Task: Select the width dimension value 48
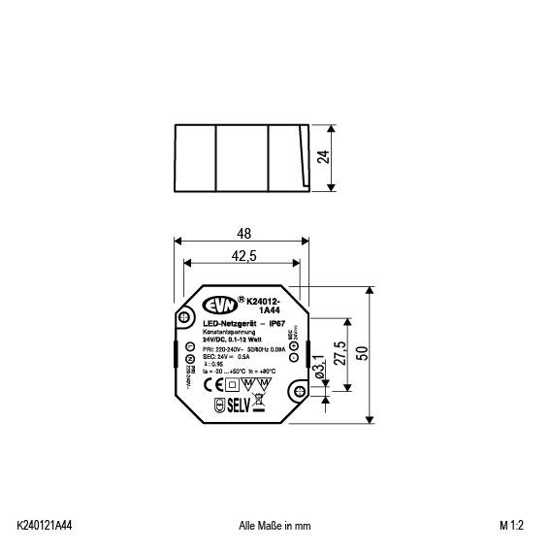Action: (x=243, y=233)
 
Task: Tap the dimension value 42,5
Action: (x=243, y=256)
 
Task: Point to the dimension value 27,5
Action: (x=339, y=351)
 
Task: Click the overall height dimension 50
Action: (x=363, y=353)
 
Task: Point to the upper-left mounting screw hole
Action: (x=184, y=316)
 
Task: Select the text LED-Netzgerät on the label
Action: (x=230, y=323)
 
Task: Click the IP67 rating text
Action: (x=275, y=323)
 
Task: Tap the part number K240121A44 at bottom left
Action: (x=45, y=525)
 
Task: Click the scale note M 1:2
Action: (x=511, y=525)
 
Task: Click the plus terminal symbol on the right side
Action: (x=295, y=359)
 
